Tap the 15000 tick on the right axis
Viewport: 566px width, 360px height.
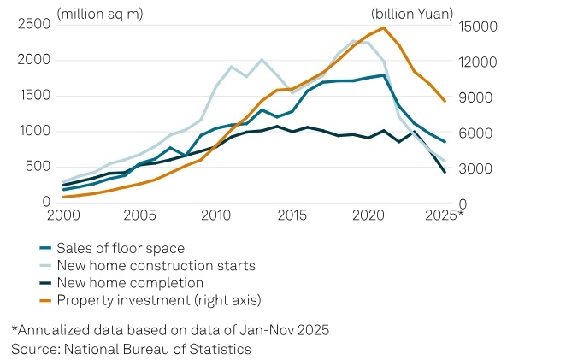tap(479, 27)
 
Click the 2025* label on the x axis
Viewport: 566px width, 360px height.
tap(446, 214)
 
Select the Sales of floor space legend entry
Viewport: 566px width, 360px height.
tap(121, 248)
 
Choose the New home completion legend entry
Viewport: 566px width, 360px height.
tap(130, 282)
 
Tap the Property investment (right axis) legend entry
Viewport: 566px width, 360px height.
tap(158, 299)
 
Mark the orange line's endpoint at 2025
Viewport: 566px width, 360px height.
tap(445, 101)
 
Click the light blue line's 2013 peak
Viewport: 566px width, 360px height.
tap(262, 59)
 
